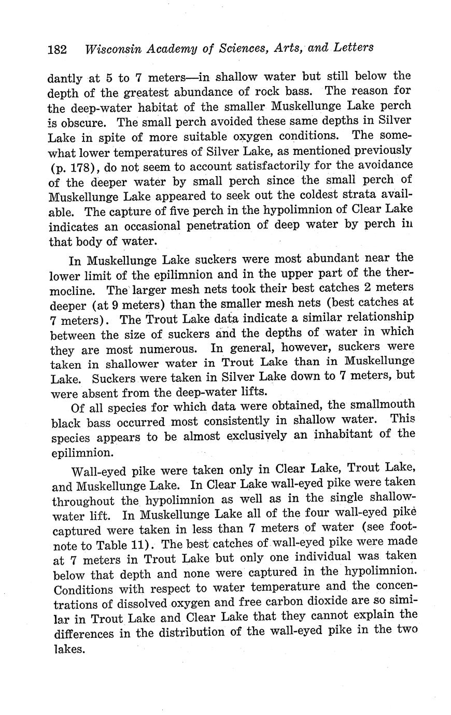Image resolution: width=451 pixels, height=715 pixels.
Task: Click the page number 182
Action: [57, 50]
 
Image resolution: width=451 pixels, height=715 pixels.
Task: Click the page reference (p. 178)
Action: [72, 168]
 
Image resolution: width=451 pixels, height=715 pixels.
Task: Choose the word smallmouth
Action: [380, 405]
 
